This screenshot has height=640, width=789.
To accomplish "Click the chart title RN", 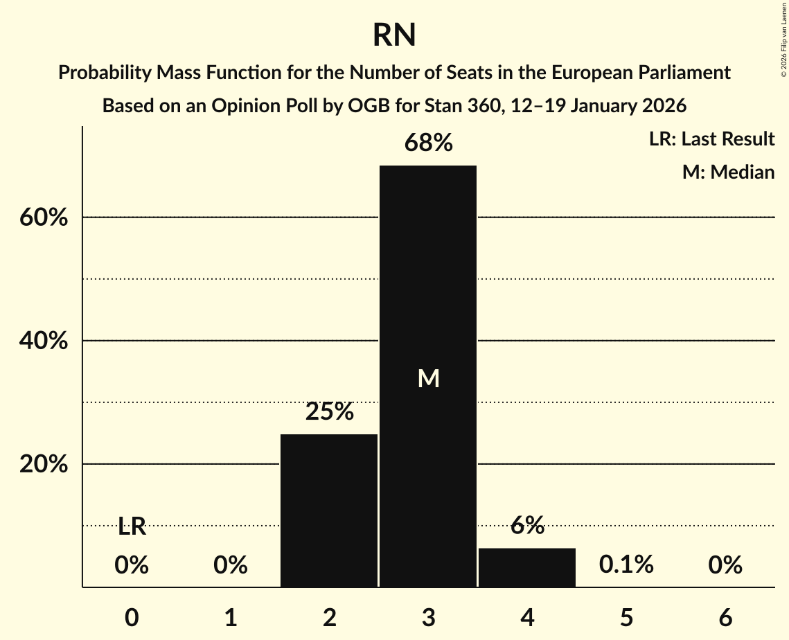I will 394,35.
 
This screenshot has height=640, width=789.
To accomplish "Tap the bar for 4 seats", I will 527,567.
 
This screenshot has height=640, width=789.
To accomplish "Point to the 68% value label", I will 429,143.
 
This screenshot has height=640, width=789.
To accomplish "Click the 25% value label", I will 330,412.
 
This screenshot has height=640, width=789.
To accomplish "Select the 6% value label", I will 527,526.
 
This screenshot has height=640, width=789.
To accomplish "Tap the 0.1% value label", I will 626,565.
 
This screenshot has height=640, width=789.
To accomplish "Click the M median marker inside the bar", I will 429,378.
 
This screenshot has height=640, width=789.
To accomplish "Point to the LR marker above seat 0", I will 132,527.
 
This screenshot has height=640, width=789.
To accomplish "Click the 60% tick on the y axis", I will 44,217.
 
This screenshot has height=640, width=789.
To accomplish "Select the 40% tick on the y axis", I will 44,341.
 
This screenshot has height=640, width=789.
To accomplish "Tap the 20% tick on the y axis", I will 44,464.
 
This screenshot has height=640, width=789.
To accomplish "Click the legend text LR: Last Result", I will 711,139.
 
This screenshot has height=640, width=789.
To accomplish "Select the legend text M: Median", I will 728,172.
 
